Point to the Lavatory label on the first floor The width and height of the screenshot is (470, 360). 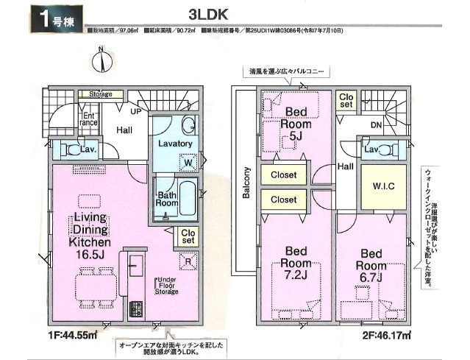point(174,144)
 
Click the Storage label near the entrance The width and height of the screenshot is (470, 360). point(101,95)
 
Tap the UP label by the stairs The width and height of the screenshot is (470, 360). point(137,112)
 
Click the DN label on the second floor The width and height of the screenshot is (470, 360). point(375,124)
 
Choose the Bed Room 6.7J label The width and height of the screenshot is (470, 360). point(371,264)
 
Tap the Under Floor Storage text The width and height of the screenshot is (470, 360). point(165,286)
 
